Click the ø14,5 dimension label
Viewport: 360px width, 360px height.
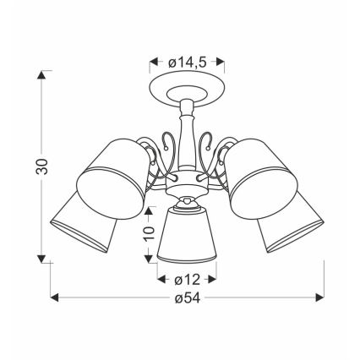click(x=187, y=62)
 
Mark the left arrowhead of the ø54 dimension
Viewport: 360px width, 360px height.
click(x=55, y=297)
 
